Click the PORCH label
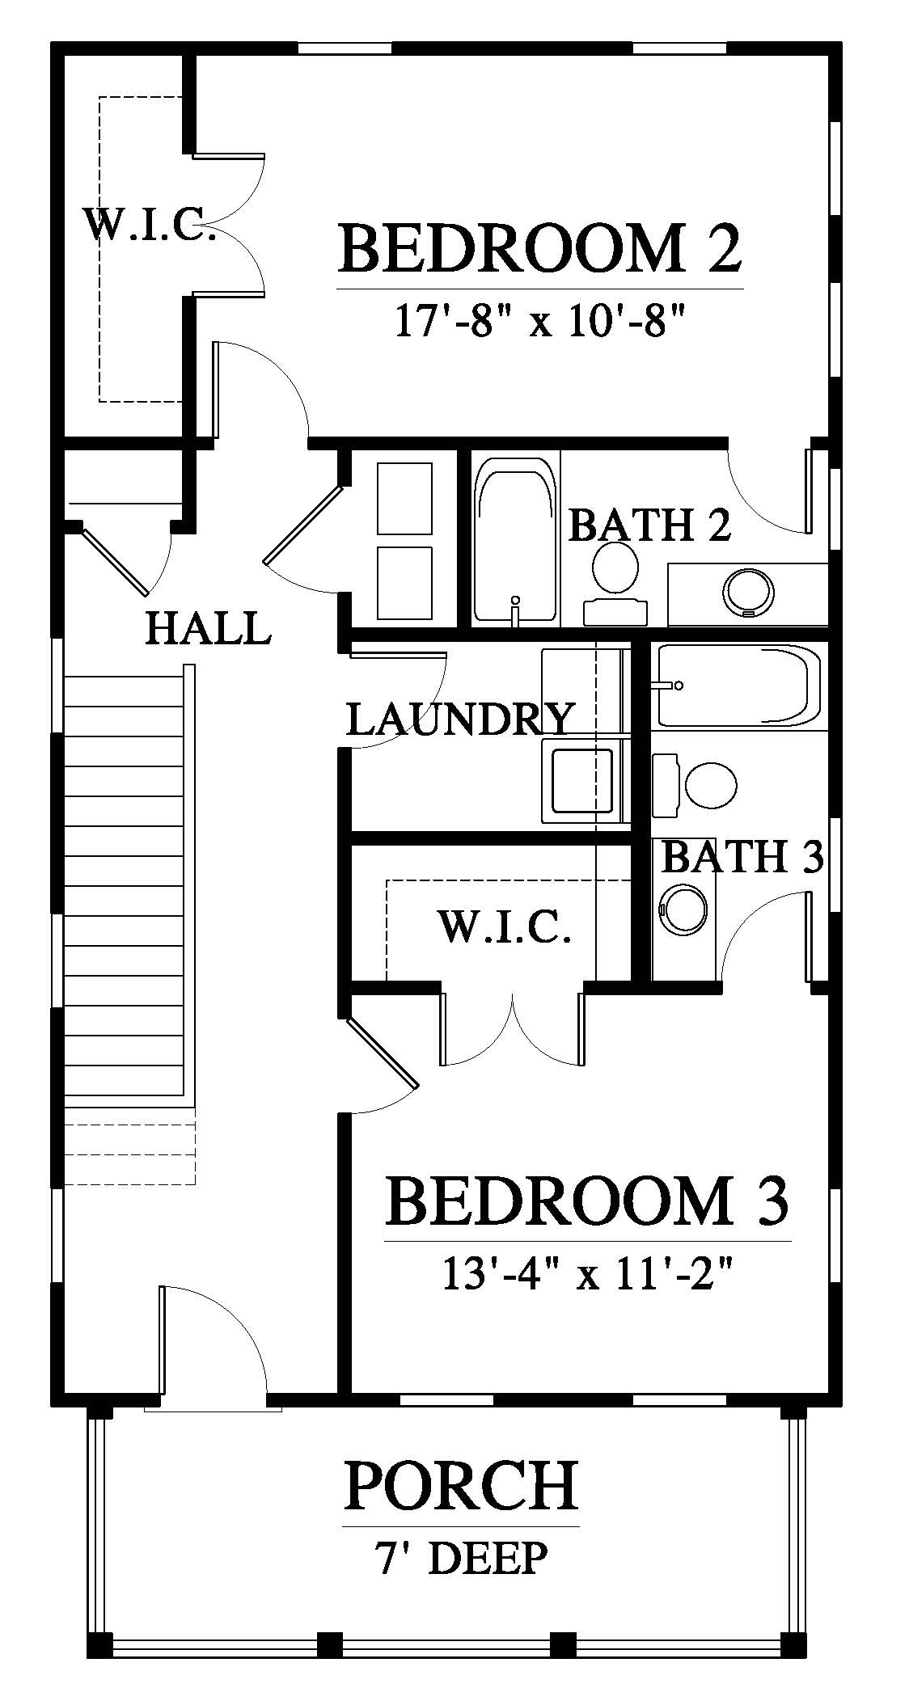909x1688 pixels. [x=461, y=1485]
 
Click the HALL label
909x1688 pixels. [x=208, y=628]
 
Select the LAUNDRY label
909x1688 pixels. [x=459, y=718]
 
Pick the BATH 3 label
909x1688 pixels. [x=742, y=856]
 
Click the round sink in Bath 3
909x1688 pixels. [x=684, y=910]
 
